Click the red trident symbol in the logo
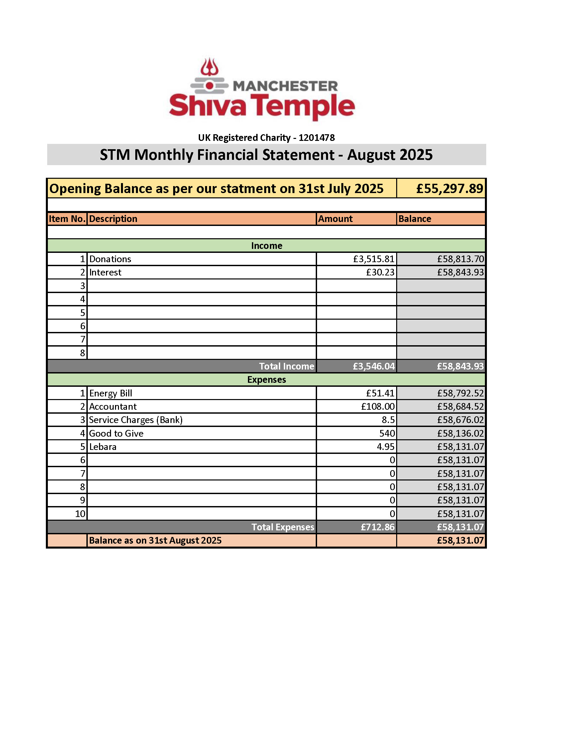(209, 67)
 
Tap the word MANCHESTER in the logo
(285, 86)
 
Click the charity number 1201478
(317, 138)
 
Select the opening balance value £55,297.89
(450, 189)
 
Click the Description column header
(113, 219)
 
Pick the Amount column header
(335, 219)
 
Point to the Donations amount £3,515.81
(374, 259)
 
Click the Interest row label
(105, 272)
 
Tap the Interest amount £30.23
(380, 272)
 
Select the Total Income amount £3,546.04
(374, 366)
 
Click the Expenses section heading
(267, 380)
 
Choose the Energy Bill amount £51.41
(380, 393)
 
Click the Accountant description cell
(113, 407)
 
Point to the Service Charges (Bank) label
(136, 420)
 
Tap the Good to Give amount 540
(387, 433)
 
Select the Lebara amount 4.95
(386, 447)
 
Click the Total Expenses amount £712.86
(378, 527)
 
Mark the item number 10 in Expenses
(80, 514)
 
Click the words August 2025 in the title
(390, 155)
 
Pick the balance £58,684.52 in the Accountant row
(460, 407)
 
